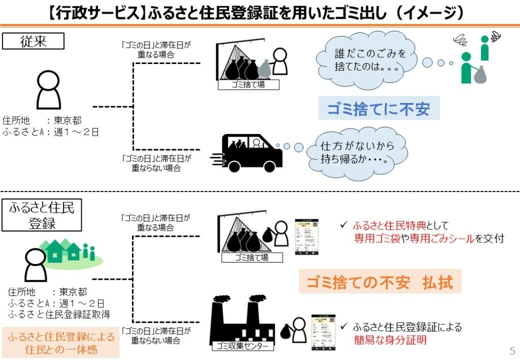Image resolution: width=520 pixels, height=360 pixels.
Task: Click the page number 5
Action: tap(512, 351)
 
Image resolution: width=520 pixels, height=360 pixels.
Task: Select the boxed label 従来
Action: tap(34, 41)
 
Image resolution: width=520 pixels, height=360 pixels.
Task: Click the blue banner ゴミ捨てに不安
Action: tap(378, 109)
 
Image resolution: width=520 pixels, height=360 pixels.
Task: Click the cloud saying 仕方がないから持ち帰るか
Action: tap(357, 152)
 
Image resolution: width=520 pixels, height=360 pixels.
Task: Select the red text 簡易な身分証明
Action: tap(390, 340)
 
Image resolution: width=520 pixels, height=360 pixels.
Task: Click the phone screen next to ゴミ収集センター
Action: tap(323, 332)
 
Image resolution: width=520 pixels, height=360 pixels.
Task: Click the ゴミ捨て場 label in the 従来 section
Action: tap(248, 85)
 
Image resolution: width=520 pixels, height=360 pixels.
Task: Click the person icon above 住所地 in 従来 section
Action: tap(49, 89)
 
